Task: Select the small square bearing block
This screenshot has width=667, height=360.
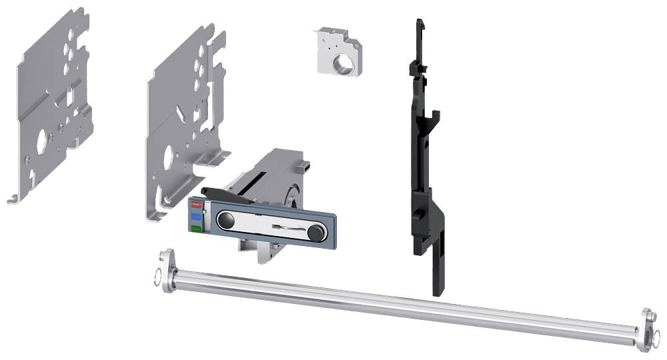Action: pos(338,53)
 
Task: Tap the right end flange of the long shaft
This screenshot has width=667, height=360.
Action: pos(644,329)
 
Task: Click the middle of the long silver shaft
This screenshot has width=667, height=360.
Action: pos(400,300)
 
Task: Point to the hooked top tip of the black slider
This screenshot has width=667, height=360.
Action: pos(418,25)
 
